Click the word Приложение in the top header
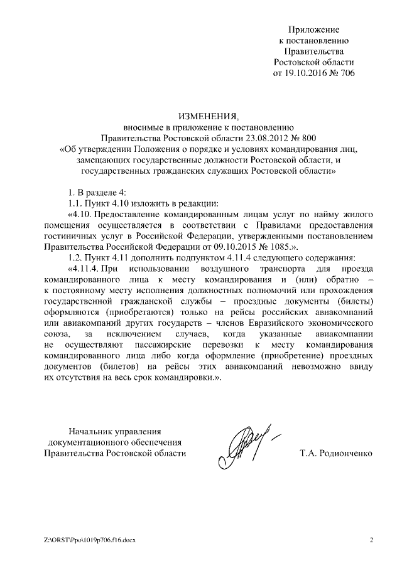pos(313,29)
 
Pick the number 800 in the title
pos(308,137)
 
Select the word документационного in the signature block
pos(91,442)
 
